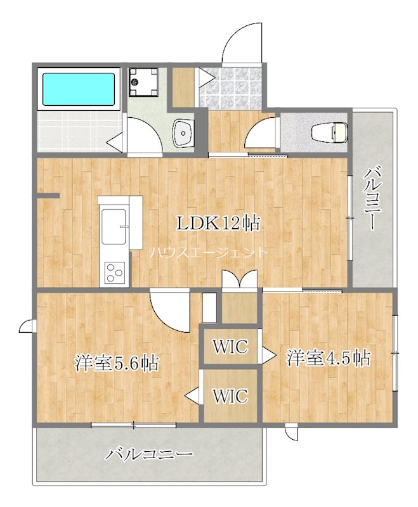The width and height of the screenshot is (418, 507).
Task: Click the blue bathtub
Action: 79,89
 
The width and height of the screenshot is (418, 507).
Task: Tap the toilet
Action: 329,132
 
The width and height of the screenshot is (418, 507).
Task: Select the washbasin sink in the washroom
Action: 183,133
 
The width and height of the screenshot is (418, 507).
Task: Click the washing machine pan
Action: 143,82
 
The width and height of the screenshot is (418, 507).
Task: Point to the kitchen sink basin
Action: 114,226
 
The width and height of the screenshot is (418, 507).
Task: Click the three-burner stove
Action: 115,273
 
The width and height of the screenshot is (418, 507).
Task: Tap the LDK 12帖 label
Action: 218,223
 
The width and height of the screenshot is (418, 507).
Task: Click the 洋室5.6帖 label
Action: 117,363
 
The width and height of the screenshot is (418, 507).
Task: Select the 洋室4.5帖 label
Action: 329,357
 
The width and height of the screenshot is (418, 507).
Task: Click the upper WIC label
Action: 230,346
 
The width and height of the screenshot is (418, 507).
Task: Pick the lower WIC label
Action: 230,395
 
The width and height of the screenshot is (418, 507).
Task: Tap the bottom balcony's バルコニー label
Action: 149,454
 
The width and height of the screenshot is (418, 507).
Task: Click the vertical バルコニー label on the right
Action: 373,198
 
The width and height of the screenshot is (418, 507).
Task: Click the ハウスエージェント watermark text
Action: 209,252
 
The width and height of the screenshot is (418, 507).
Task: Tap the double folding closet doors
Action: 239,279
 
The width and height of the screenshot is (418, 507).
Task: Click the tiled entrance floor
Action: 230,87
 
